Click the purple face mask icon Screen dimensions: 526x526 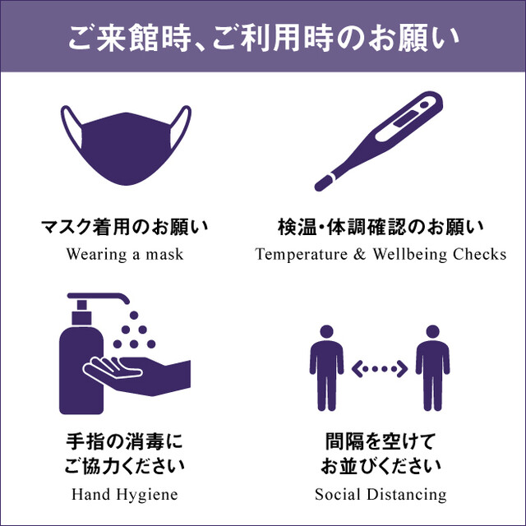tap(126, 148)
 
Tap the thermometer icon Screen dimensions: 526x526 tap(379, 141)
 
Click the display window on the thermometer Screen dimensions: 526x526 tap(405, 118)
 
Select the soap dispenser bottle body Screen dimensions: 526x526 tap(81, 371)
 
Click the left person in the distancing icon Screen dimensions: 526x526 tap(326, 367)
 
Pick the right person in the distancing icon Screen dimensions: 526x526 tap(432, 367)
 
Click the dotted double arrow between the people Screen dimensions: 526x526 tap(380, 369)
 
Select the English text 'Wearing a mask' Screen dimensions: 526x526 tap(125, 254)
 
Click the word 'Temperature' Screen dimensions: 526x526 tap(302, 254)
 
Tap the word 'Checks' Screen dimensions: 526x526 tap(479, 254)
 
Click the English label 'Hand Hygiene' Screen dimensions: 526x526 tap(125, 495)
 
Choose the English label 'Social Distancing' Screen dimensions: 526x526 tap(381, 495)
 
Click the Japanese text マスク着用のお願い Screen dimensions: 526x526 tap(124, 227)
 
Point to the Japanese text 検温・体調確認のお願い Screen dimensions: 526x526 tap(381, 227)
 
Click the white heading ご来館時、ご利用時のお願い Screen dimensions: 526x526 tap(263, 38)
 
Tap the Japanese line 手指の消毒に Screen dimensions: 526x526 tap(124, 441)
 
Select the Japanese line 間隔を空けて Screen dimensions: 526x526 tap(381, 441)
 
